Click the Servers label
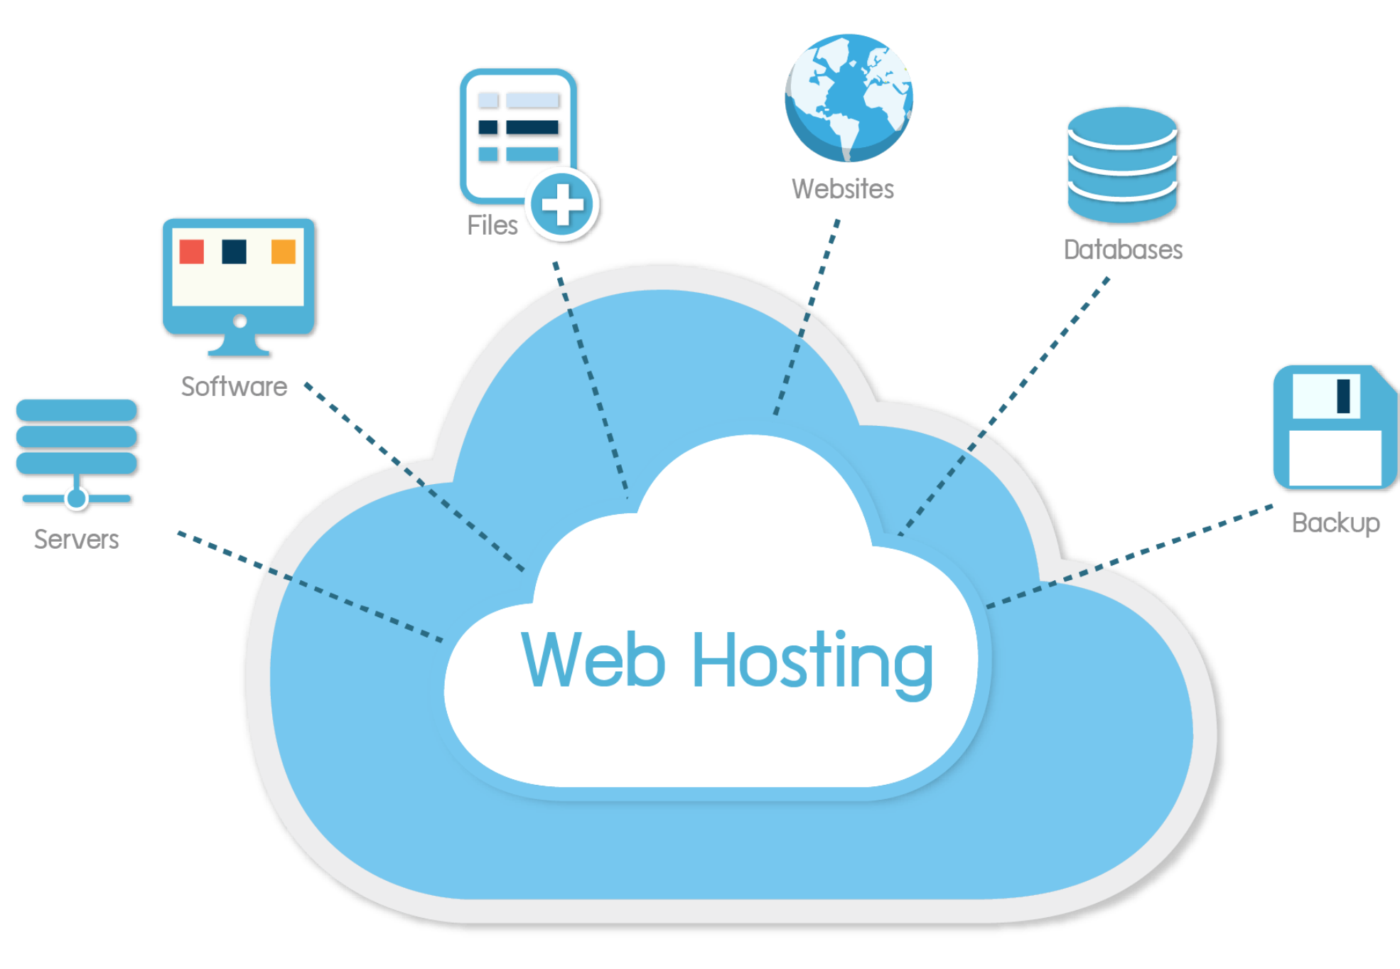77,539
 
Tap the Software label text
235,386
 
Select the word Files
492,225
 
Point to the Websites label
843,189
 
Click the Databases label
1123,250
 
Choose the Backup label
1336,523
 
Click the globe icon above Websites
849,98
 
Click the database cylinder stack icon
1123,165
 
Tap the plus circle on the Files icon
562,205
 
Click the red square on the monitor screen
192,252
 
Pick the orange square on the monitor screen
284,252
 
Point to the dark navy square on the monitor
234,252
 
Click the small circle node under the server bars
77,498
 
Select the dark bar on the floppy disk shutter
1343,396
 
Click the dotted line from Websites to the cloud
807,317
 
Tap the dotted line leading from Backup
1130,557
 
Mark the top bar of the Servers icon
77,410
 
